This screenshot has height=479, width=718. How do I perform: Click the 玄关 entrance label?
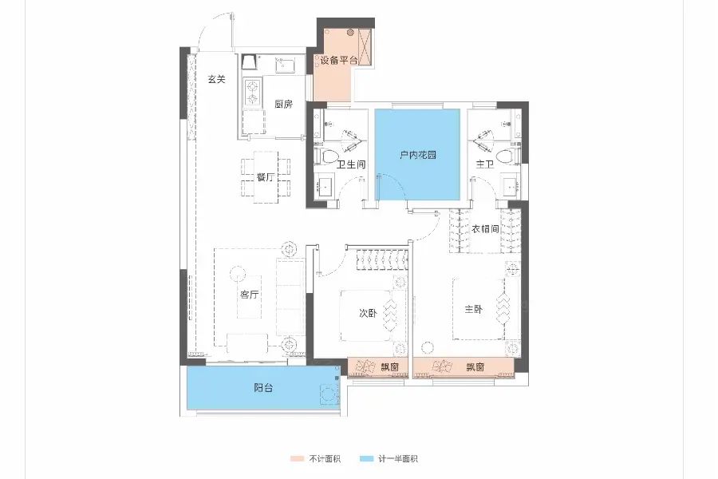[x=216, y=79]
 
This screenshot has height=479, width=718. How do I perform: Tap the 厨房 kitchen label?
[x=283, y=104]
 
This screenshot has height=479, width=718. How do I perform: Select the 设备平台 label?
[x=339, y=60]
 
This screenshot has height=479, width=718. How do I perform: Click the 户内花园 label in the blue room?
[x=417, y=154]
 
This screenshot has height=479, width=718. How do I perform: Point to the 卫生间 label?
[x=351, y=164]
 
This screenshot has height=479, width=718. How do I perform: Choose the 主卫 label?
[x=484, y=164]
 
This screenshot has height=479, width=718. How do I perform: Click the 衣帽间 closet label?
[x=485, y=228]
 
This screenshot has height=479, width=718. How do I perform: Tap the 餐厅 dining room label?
[x=265, y=177]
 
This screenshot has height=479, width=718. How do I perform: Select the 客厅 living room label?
[x=249, y=295]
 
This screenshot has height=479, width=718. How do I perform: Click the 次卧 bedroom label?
[x=368, y=313]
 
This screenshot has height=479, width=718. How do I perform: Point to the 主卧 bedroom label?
[x=473, y=310]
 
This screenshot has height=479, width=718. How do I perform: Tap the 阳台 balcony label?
[x=263, y=388]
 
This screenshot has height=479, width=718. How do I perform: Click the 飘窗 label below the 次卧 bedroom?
[x=389, y=366]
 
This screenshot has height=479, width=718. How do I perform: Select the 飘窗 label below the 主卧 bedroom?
[x=475, y=366]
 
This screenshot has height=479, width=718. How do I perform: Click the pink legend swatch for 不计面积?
[x=298, y=458]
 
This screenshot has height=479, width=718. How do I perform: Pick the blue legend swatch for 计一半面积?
[x=366, y=458]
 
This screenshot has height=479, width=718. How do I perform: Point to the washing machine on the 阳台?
[x=329, y=394]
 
